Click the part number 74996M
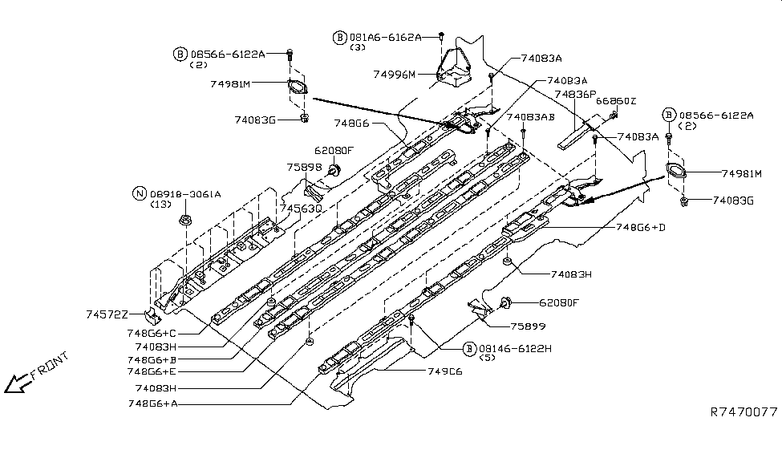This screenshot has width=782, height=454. (395, 75)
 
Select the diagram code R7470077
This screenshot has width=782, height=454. (744, 412)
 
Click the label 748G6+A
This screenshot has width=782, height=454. (152, 403)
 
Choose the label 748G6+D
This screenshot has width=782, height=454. (640, 228)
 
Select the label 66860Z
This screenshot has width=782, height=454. (617, 101)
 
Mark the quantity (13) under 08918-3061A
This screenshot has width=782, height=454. (161, 205)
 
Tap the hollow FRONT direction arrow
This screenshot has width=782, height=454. (15, 385)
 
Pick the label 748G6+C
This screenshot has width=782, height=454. (152, 333)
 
